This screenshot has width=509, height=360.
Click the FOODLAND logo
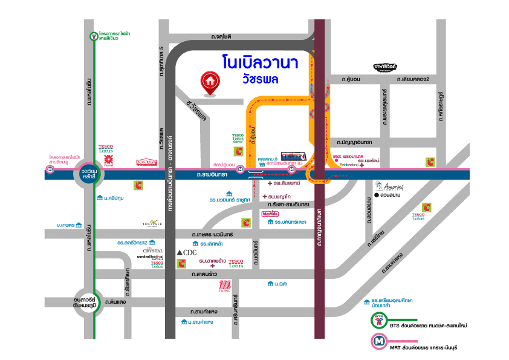coord(148,162)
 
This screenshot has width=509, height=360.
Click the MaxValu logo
coord(270,214)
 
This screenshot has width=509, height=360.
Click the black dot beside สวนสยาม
coord(376,195)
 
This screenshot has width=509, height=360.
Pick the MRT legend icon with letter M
coord(379,342)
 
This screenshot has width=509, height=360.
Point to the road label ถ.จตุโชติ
coord(222,36)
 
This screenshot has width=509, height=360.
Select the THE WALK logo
coord(152,224)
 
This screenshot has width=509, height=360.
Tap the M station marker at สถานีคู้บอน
coord(241,169)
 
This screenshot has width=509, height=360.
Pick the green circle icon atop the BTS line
coord(94,37)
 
